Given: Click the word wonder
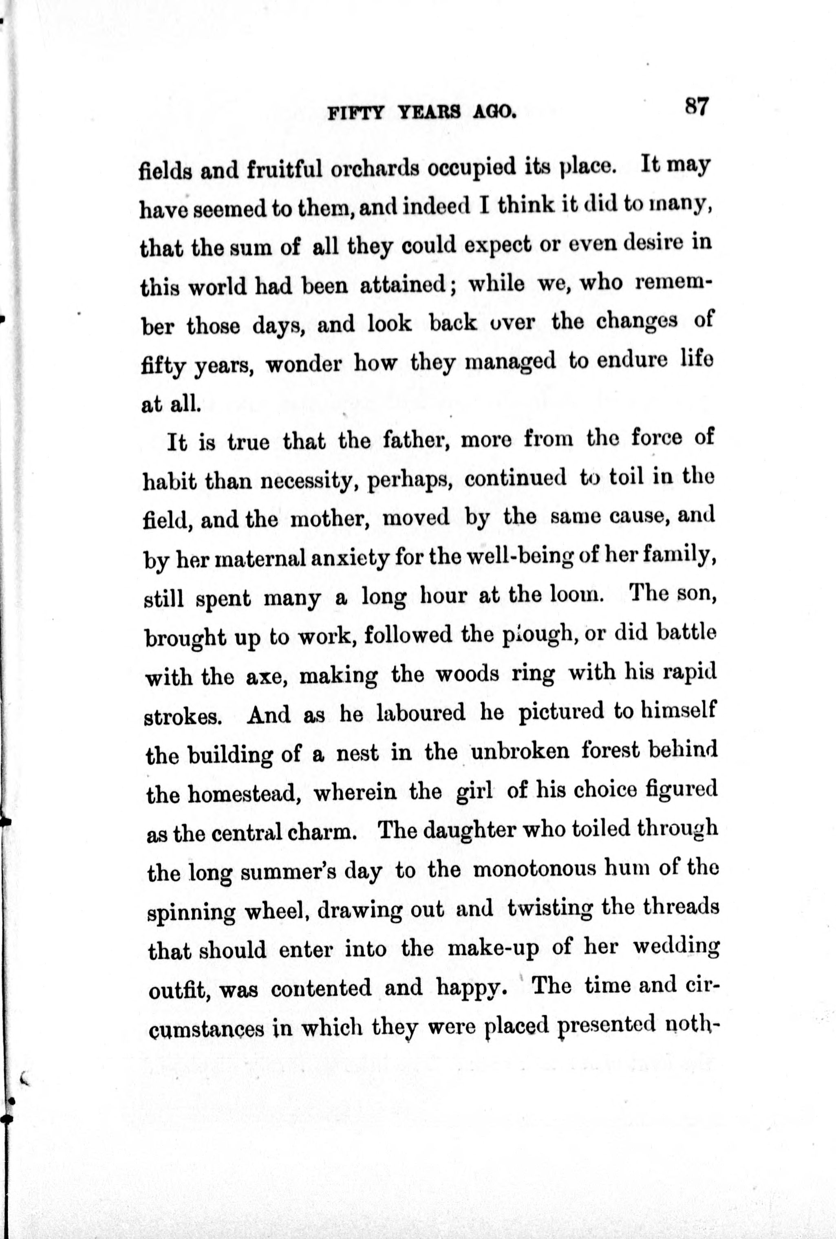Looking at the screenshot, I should click(x=303, y=365).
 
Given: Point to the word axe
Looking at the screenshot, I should click(x=264, y=677).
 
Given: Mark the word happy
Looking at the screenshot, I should click(x=470, y=988).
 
